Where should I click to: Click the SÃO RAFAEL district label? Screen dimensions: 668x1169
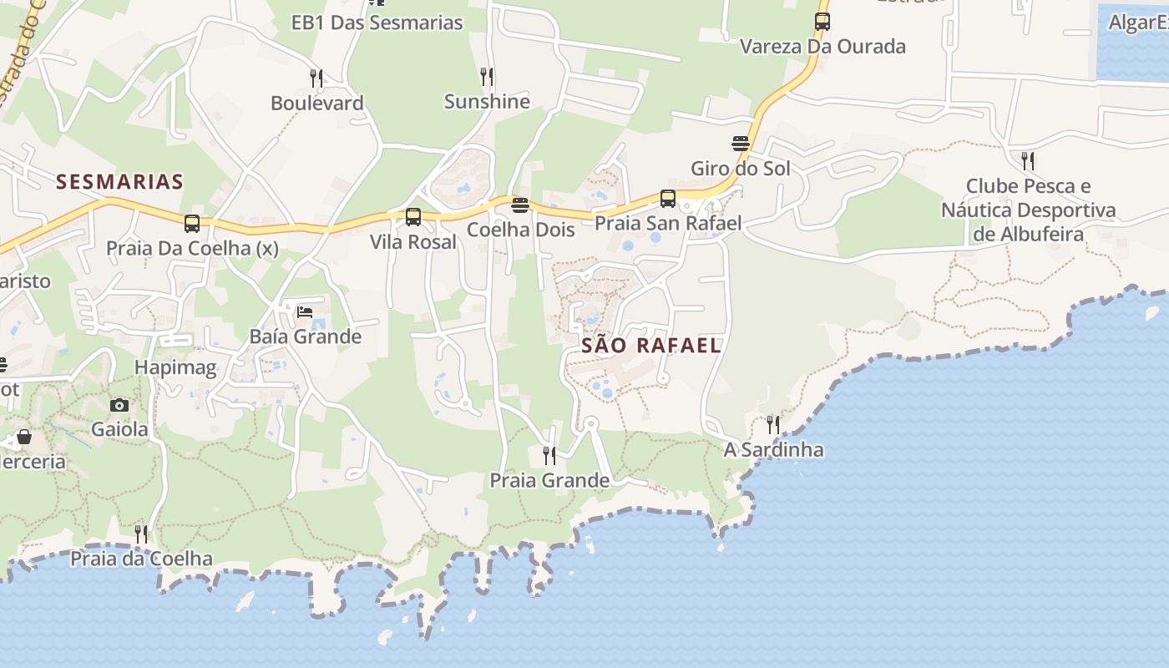pyautogui.click(x=651, y=346)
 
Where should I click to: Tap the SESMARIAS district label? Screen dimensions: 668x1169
pyautogui.click(x=119, y=182)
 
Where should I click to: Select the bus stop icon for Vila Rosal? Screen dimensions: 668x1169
pyautogui.click(x=412, y=217)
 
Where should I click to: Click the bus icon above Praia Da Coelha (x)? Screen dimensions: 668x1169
pyautogui.click(x=192, y=224)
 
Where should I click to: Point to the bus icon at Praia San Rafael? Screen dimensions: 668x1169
pyautogui.click(x=667, y=199)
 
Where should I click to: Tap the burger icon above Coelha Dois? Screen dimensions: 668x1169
pyautogui.click(x=520, y=205)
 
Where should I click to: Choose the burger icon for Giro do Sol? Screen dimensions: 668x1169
pyautogui.click(x=740, y=144)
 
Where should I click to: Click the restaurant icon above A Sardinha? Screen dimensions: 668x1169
pyautogui.click(x=773, y=425)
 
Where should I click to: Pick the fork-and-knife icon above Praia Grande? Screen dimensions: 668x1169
pyautogui.click(x=549, y=456)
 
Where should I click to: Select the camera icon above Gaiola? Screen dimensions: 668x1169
pyautogui.click(x=119, y=406)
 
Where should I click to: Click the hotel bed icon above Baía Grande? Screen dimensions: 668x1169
pyautogui.click(x=305, y=312)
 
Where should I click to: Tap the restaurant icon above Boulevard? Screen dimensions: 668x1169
pyautogui.click(x=316, y=78)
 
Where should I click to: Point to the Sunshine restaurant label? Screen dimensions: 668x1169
pyautogui.click(x=487, y=102)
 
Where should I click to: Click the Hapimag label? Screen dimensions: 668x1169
pyautogui.click(x=175, y=367)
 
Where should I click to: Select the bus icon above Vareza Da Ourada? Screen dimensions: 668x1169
pyautogui.click(x=822, y=22)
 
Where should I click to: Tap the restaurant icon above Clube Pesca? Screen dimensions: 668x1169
pyautogui.click(x=1028, y=160)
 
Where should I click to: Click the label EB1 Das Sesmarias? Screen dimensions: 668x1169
pyautogui.click(x=377, y=23)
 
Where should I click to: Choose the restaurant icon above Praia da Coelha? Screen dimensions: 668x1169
pyautogui.click(x=141, y=534)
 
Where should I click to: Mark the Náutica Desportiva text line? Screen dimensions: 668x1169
pyautogui.click(x=1029, y=210)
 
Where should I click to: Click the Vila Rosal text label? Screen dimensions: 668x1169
pyautogui.click(x=413, y=242)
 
